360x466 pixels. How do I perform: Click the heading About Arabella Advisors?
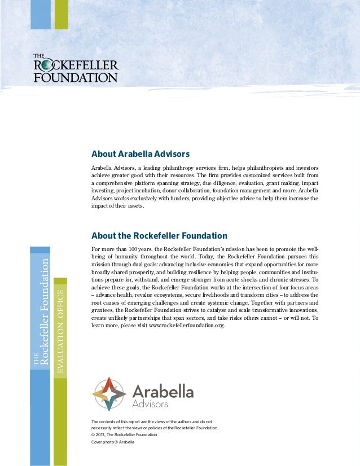pyautogui.click(x=140, y=153)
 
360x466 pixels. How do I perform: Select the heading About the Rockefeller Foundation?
pyautogui.click(x=159, y=235)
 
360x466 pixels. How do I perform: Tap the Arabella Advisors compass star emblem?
pyautogui.click(x=109, y=394)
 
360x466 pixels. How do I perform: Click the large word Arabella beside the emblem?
pyautogui.click(x=163, y=392)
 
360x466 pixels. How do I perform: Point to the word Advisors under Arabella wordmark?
pyautogui.click(x=150, y=405)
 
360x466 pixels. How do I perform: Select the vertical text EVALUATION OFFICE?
pyautogui.click(x=60, y=329)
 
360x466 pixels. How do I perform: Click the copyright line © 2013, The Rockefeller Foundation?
pyautogui.click(x=124, y=435)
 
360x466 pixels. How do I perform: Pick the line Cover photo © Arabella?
pyautogui.click(x=112, y=442)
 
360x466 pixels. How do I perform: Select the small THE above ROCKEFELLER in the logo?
pyautogui.click(x=39, y=56)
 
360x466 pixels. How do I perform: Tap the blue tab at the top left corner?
pyautogui.click(x=41, y=14)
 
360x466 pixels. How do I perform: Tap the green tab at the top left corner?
pyautogui.click(x=61, y=14)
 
